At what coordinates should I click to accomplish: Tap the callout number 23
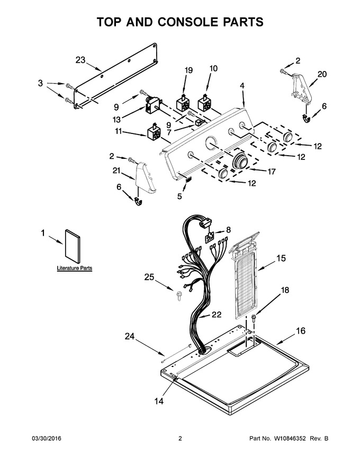[80, 60]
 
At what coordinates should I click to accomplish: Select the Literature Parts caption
[75, 268]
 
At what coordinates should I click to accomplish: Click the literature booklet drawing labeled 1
[73, 246]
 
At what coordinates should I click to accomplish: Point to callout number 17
[272, 171]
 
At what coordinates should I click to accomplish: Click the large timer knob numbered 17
[240, 161]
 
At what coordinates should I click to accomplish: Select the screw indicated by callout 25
[179, 297]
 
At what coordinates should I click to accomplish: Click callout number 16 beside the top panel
[301, 330]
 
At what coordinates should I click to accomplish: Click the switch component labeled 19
[183, 102]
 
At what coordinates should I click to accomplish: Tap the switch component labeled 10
[204, 102]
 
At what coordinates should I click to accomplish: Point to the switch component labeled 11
[155, 132]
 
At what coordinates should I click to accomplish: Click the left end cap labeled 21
[146, 177]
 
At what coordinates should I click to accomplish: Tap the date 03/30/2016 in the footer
[47, 438]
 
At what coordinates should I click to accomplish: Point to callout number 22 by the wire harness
[216, 315]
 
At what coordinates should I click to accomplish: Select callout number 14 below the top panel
[159, 401]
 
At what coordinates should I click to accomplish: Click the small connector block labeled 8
[210, 238]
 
